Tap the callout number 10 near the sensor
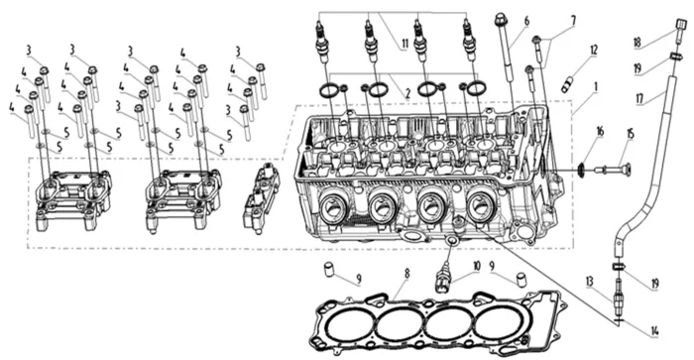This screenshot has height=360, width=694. coord(476,266)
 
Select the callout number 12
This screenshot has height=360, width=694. coord(594,50)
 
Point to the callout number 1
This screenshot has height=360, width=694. coord(596,87)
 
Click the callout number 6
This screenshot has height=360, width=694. coord(526,21)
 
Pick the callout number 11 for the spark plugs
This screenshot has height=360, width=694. coord(405,44)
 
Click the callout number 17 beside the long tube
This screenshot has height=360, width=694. coord(639,98)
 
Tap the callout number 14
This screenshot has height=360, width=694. coord(654,331)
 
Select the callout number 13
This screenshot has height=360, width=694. coord(589,282)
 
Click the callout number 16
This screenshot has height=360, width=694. coord(600,132)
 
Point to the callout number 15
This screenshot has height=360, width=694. coord(631,133)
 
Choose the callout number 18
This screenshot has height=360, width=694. coord(636,43)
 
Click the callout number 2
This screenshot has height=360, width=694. coord(407,93)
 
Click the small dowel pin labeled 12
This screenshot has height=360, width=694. coord(567,85)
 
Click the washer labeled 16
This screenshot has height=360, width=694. coord(583,169)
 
